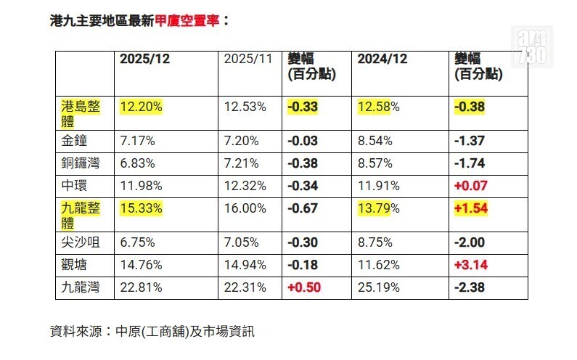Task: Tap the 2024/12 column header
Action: coord(382,60)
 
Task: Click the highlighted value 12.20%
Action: coord(142,107)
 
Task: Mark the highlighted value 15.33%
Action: coord(142,208)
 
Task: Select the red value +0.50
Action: coord(303,287)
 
